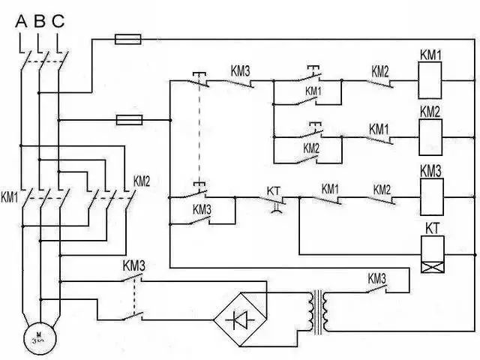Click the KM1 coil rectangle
pos(430,80)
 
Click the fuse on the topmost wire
pos(124,37)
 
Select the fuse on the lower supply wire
pos(126,119)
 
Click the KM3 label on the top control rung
pos(239,72)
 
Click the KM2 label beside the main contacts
pos(142,181)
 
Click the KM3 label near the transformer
pos(376,278)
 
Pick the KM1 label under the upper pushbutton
pos(313,91)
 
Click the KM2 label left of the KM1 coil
pos(379,72)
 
